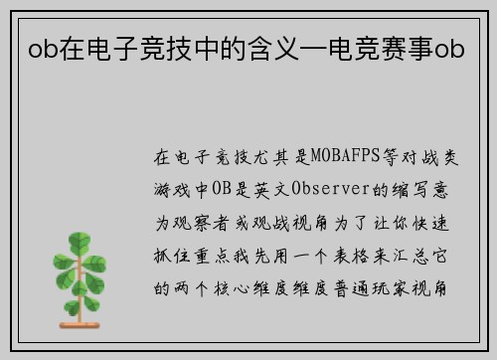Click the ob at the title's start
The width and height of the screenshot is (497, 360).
43,50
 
